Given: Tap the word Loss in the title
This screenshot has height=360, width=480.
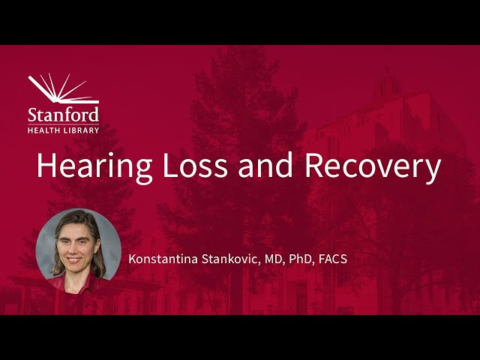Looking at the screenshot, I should tap(195, 166).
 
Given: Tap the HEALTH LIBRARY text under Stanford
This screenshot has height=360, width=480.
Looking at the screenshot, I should tap(64, 129).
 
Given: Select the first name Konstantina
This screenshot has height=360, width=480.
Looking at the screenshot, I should tap(163, 259).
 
